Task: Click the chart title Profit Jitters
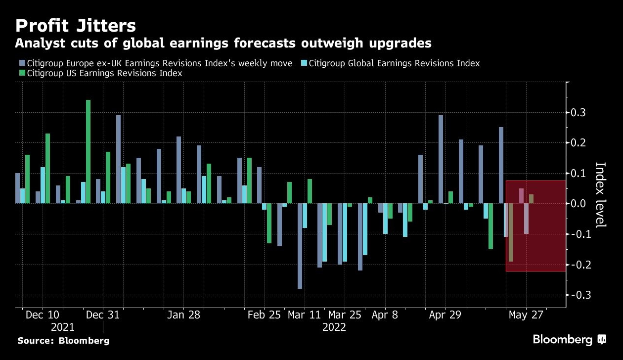(75, 26)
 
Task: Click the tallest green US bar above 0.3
(88, 152)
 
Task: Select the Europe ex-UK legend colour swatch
(22, 63)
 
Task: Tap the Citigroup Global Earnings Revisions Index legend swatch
(304, 63)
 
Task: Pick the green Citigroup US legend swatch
(22, 73)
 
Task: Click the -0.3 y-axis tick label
(578, 295)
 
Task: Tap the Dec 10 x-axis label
(43, 315)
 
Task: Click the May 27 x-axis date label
(526, 315)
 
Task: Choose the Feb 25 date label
(264, 315)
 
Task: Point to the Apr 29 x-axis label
(445, 315)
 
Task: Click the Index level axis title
(601, 195)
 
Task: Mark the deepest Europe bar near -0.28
(300, 246)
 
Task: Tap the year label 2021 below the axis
(63, 327)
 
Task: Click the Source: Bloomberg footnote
(63, 341)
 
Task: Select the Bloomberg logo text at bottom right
(563, 340)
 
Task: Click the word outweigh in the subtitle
(332, 43)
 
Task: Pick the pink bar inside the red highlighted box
(521, 196)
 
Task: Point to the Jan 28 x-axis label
(183, 315)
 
